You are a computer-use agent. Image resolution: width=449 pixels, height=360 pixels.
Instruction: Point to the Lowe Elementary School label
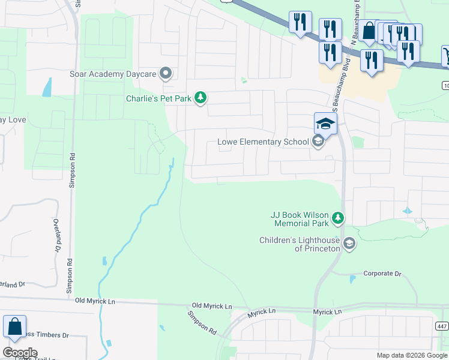pyautogui.click(x=262, y=142)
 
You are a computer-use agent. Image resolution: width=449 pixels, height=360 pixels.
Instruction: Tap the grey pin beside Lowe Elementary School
pyautogui.click(x=318, y=142)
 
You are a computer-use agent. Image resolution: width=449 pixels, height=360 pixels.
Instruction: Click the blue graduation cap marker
pyautogui.click(x=325, y=124)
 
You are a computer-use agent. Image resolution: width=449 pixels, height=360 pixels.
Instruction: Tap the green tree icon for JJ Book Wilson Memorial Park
pyautogui.click(x=339, y=218)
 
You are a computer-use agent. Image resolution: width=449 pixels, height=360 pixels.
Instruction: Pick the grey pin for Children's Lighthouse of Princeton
pyautogui.click(x=349, y=244)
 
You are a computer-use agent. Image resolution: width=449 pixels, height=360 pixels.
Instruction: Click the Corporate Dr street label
pyautogui.click(x=382, y=274)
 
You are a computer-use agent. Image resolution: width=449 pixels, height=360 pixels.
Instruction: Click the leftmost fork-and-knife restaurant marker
pyautogui.click(x=299, y=22)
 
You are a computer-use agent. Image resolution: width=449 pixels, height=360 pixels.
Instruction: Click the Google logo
pyautogui.click(x=20, y=353)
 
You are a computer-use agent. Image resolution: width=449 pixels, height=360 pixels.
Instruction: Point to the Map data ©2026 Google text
pyautogui.click(x=411, y=355)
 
